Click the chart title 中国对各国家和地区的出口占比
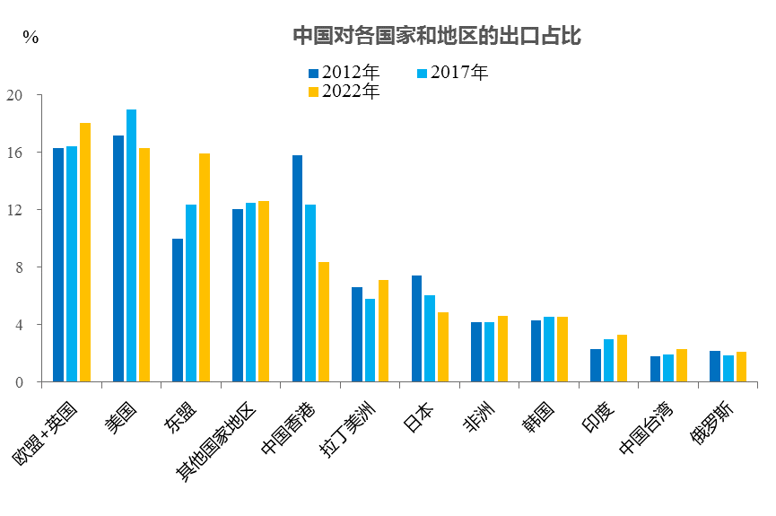437,36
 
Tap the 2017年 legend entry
453,73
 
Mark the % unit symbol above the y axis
31,38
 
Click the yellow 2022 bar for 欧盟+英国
85,252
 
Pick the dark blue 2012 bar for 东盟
178,310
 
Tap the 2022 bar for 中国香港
324,322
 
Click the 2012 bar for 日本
417,328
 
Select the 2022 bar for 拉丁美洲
383,331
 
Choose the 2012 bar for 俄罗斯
715,366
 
